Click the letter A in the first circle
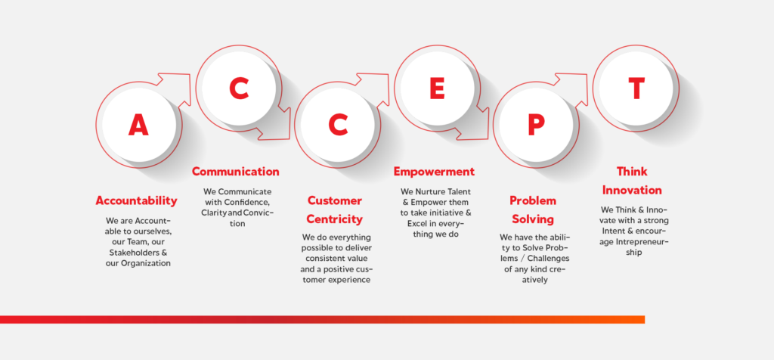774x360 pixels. point(138,125)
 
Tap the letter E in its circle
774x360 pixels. point(437,88)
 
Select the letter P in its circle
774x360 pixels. point(536,125)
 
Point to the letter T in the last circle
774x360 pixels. point(636,88)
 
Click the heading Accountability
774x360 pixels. point(136,200)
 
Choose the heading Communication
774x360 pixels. point(236,172)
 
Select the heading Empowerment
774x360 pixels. point(434,172)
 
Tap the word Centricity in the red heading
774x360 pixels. point(335,219)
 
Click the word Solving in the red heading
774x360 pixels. point(533,219)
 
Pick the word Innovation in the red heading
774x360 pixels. point(632,190)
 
